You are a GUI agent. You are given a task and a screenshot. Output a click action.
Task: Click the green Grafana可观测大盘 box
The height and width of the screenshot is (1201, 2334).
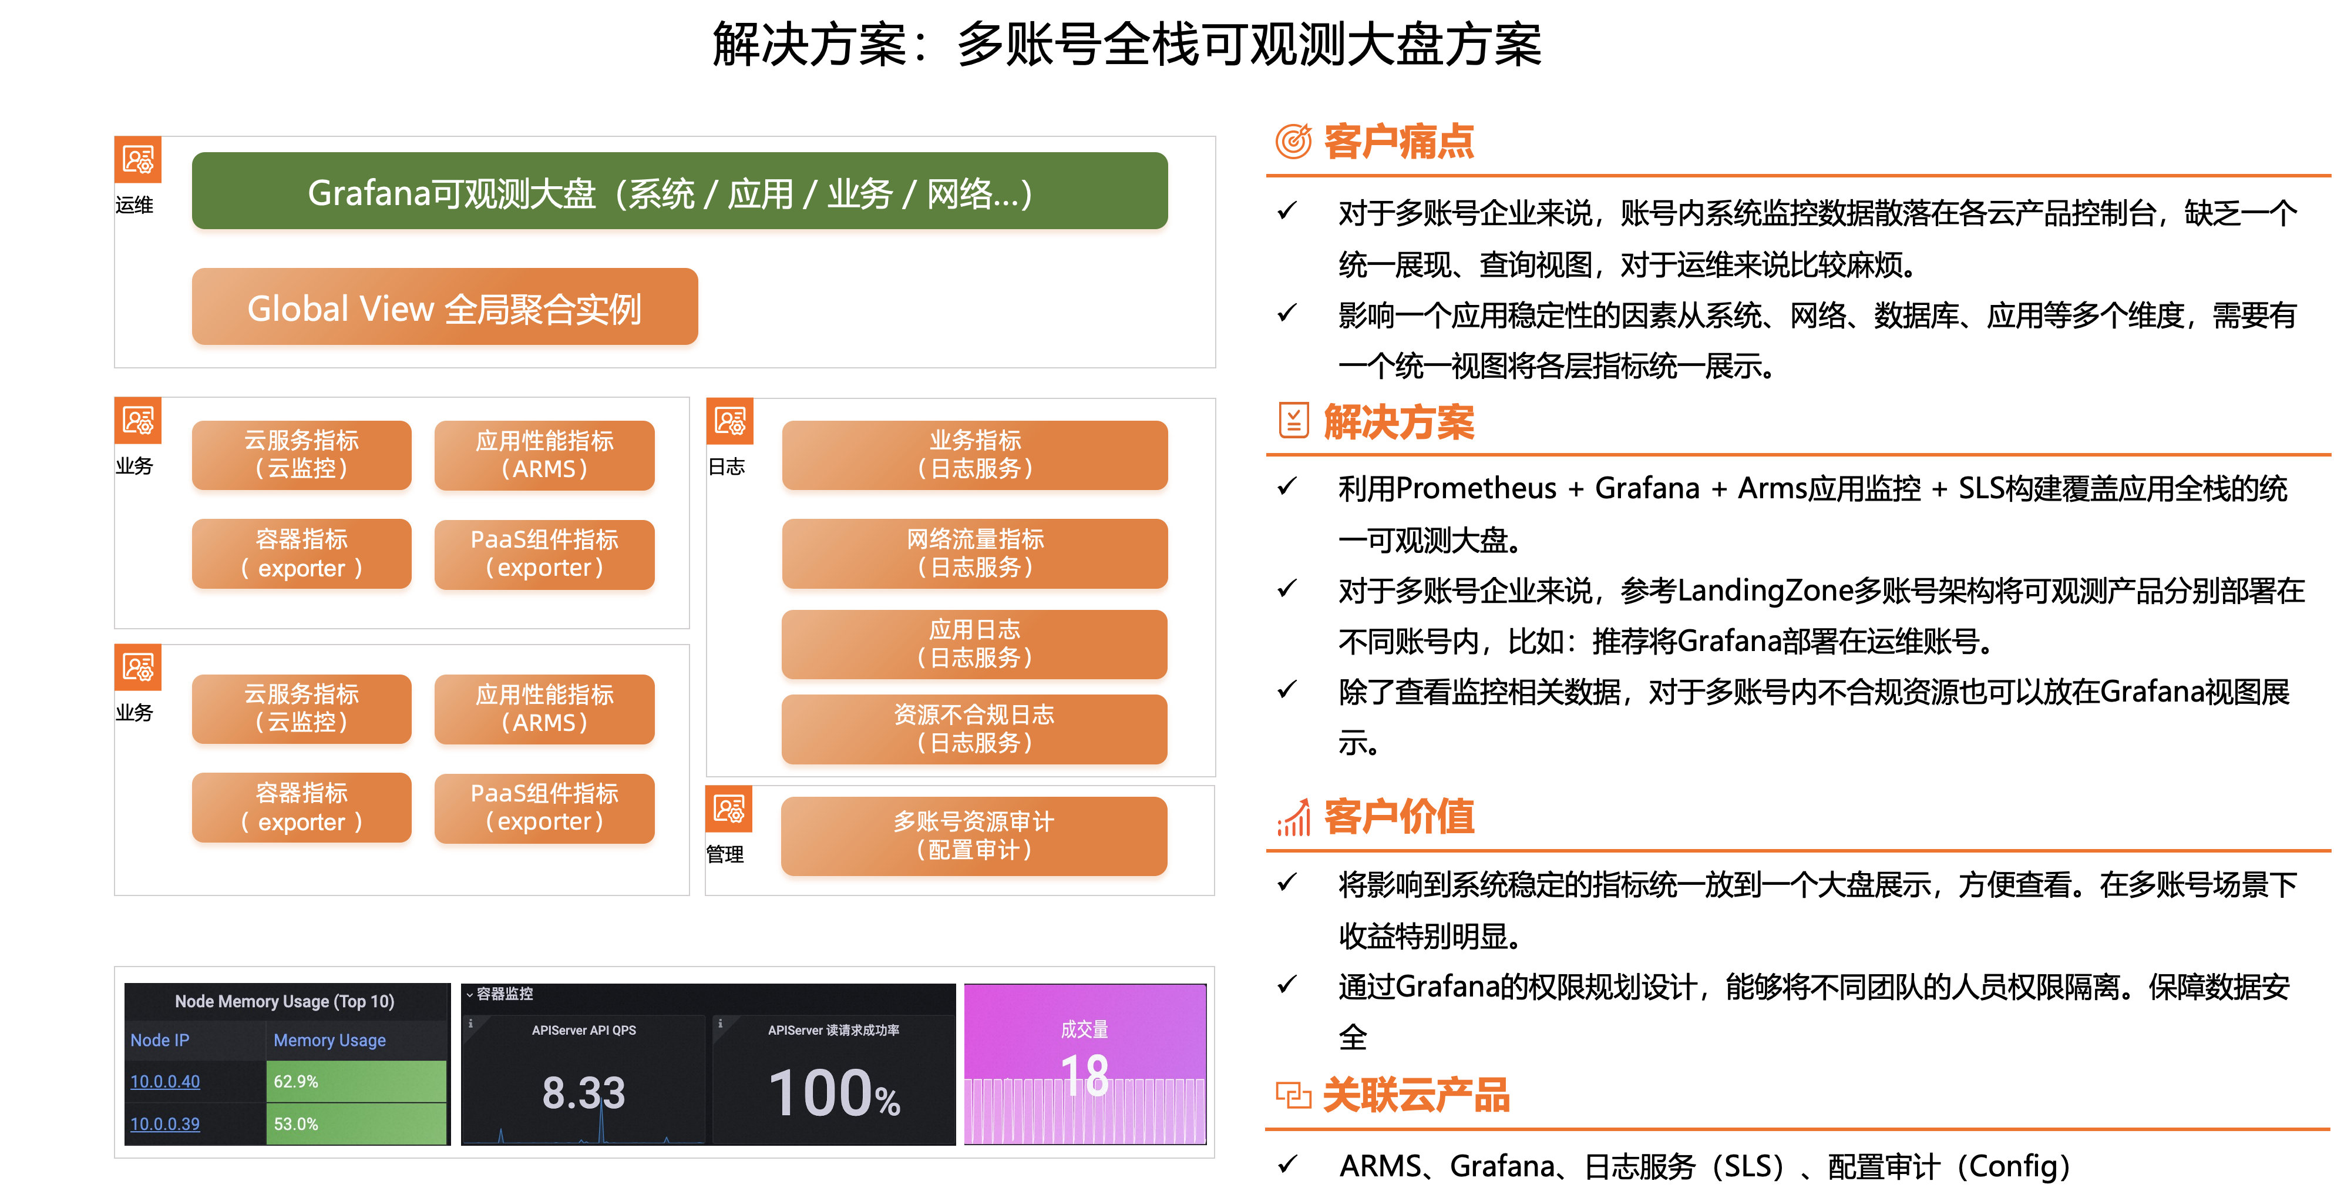[680, 193]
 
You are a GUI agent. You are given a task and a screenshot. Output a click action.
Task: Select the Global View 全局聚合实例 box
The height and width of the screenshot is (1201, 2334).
[445, 309]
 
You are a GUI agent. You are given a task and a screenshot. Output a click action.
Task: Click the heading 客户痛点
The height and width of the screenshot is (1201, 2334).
[1399, 142]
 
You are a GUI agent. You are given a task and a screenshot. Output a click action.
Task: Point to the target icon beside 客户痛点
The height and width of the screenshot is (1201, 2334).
[1293, 142]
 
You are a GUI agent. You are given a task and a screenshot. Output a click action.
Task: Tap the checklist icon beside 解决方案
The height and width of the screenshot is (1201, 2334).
[1293, 421]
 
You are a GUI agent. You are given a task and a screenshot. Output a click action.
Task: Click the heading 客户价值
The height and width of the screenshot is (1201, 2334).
[1399, 817]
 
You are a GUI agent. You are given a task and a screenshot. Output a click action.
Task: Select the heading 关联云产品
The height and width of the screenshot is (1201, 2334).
[1416, 1095]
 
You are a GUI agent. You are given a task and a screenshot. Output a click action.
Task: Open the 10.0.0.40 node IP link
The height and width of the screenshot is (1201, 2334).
[165, 1081]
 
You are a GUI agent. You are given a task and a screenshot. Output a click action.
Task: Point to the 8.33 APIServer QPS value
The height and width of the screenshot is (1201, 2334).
[584, 1093]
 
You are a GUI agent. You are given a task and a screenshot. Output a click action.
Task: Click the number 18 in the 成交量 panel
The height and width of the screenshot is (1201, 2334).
[1085, 1076]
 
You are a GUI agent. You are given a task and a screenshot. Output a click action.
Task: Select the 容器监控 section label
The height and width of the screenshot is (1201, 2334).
[505, 994]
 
